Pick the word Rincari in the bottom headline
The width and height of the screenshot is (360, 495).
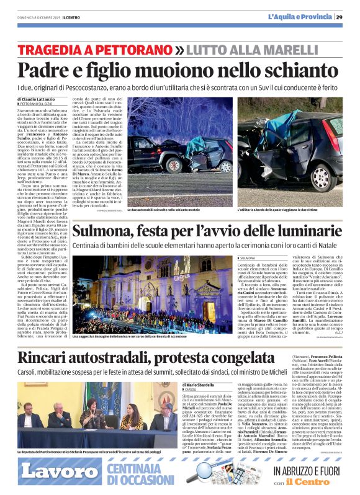[x=47, y=357]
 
